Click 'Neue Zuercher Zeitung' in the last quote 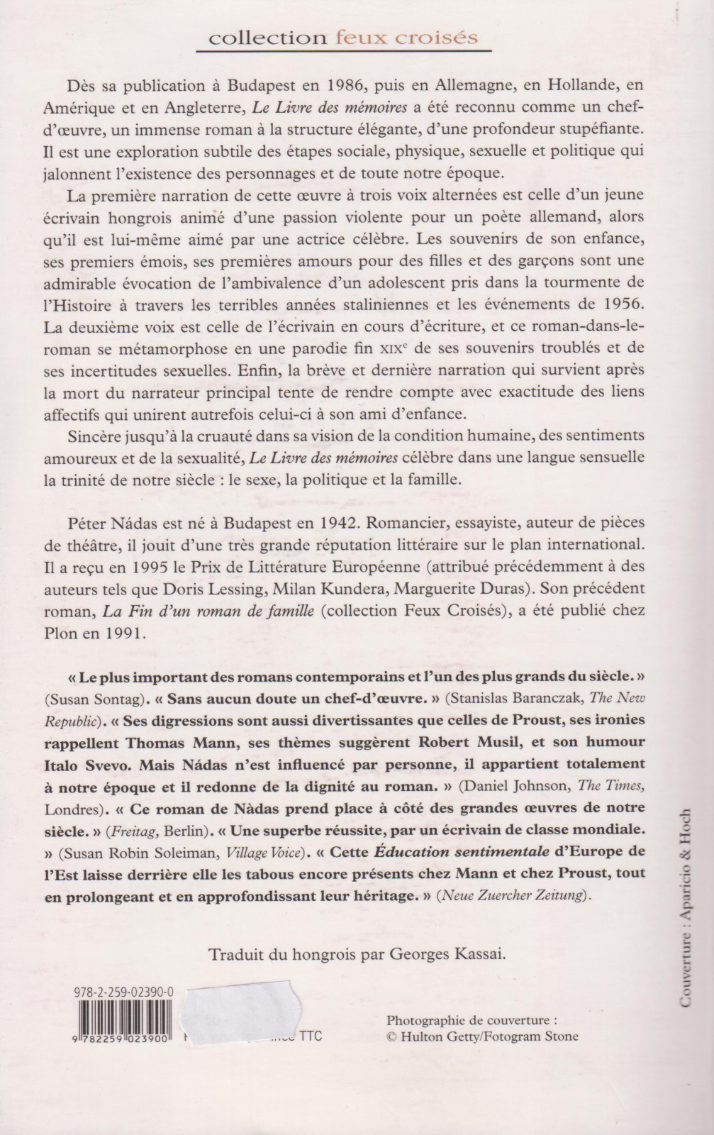point(514,895)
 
